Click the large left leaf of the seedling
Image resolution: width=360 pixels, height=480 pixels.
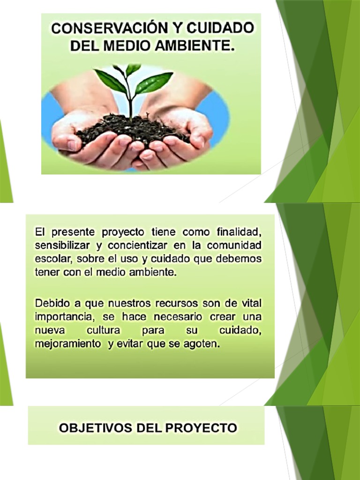click(x=111, y=81)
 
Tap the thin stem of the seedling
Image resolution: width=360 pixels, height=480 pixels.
click(x=130, y=101)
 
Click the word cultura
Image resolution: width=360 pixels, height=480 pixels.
click(x=103, y=330)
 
